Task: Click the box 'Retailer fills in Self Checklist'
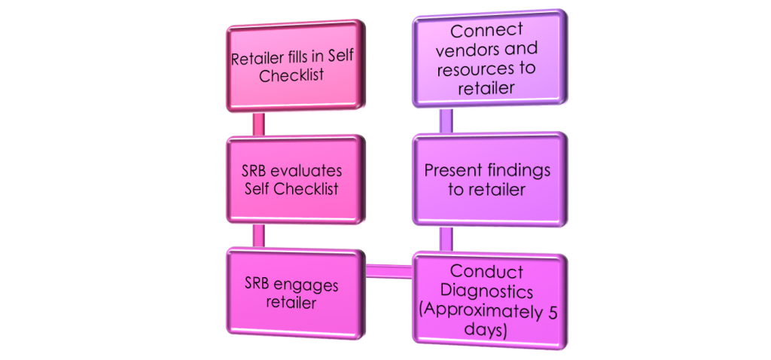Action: pos(296,66)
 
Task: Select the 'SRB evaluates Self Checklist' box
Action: pos(296,179)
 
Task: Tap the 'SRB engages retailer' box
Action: pos(296,294)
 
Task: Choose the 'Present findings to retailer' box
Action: pos(489,179)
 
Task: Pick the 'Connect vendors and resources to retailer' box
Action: pos(489,59)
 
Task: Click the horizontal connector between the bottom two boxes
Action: pos(389,271)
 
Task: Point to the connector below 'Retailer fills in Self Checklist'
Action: pos(258,124)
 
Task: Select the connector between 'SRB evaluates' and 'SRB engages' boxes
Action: pos(258,236)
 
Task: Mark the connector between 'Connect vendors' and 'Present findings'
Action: pos(446,121)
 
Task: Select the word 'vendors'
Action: pos(497,49)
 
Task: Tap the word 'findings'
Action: pos(520,171)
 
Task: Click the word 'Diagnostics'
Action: pos(487,292)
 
